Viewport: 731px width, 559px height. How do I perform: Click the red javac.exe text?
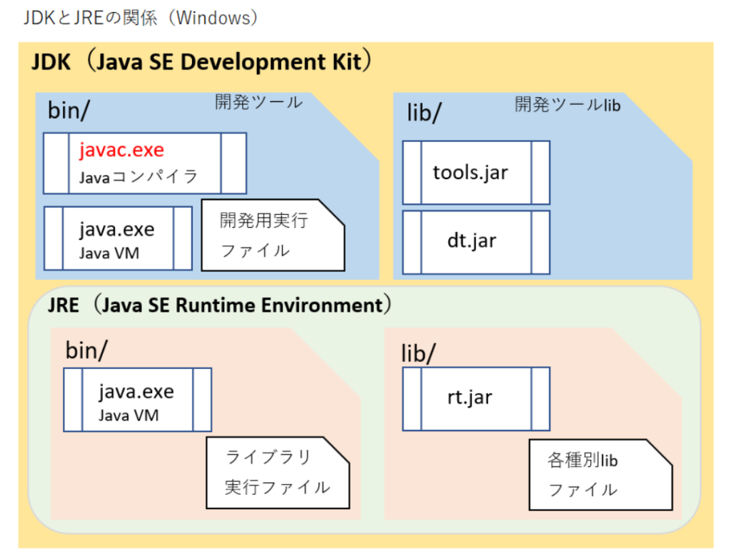pyautogui.click(x=121, y=150)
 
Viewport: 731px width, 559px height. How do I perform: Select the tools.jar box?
pyautogui.click(x=476, y=173)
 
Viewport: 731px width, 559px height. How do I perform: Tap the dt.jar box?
pyautogui.click(x=476, y=242)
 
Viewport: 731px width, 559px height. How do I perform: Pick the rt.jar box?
pyautogui.click(x=476, y=398)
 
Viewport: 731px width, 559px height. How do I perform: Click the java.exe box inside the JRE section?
pyautogui.click(x=138, y=400)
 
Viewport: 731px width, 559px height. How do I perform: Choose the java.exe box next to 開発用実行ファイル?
pyautogui.click(x=118, y=238)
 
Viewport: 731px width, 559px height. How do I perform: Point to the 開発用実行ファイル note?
pyautogui.click(x=273, y=235)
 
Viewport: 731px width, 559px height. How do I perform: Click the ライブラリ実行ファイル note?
pyautogui.click(x=278, y=473)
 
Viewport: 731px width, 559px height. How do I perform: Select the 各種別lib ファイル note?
pyautogui.click(x=600, y=475)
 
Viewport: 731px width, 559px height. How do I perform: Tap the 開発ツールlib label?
pyautogui.click(x=568, y=105)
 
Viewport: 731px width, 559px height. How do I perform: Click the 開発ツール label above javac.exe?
pyautogui.click(x=258, y=102)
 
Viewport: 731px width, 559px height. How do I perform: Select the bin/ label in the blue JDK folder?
pyautogui.click(x=69, y=111)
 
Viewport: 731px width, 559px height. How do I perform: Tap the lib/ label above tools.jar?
pyautogui.click(x=424, y=113)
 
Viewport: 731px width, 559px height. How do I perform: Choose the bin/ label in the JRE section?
pyautogui.click(x=86, y=350)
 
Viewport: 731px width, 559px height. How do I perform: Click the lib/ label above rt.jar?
pyautogui.click(x=418, y=353)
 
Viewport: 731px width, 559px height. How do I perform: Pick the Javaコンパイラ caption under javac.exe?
pyautogui.click(x=138, y=177)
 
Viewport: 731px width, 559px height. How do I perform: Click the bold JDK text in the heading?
pyautogui.click(x=51, y=62)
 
